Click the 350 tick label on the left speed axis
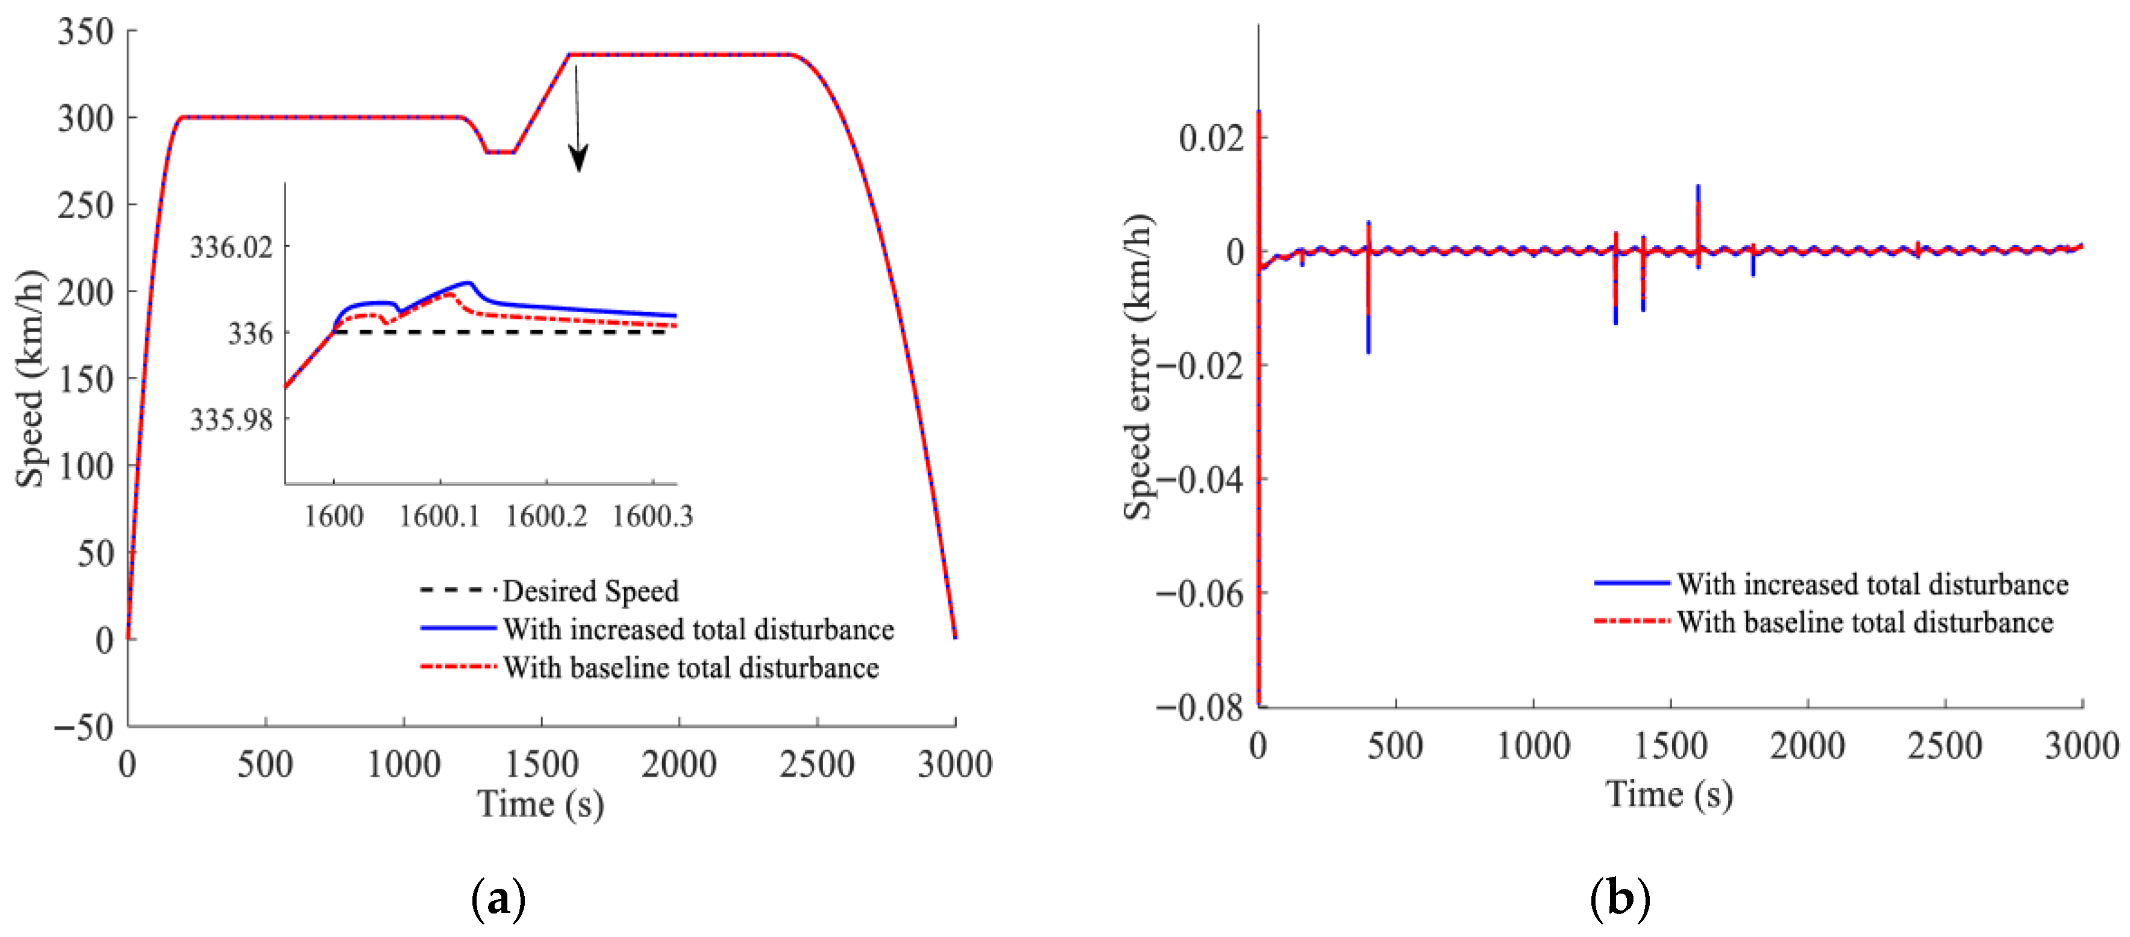tap(85, 33)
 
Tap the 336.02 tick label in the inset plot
tap(231, 247)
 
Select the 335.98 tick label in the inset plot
tap(231, 419)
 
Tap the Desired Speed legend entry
tap(590, 591)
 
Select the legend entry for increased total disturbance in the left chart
tap(698, 629)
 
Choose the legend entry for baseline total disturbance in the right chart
tap(1864, 622)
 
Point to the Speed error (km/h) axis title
tap(1139, 366)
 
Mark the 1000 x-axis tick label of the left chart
tap(404, 764)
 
